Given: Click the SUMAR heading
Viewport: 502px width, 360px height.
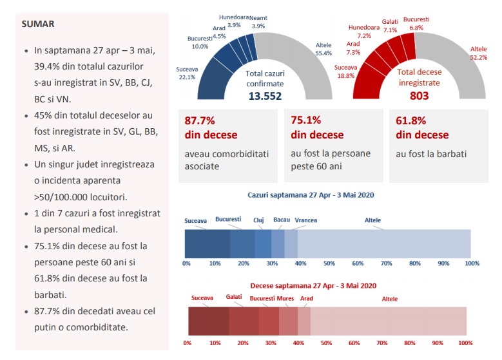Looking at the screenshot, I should [x=37, y=24].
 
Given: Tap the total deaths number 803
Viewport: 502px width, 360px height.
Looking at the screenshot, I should [x=419, y=96].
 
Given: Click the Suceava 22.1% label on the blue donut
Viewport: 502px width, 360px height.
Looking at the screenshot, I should [x=186, y=73].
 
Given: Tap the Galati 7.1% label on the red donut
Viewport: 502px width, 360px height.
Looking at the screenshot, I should [x=390, y=26].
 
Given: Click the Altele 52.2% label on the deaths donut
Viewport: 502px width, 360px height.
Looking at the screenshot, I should [x=478, y=53].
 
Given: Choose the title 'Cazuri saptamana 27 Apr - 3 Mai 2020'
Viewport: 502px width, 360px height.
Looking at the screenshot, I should [x=311, y=194].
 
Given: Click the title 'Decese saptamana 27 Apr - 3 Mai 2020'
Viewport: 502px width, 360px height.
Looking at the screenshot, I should [x=313, y=285].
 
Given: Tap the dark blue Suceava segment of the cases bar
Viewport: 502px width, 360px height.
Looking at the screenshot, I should [x=208, y=243].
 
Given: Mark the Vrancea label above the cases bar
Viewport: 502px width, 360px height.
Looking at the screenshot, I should [x=305, y=220].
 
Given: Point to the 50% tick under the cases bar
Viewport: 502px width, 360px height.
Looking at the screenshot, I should [x=329, y=263].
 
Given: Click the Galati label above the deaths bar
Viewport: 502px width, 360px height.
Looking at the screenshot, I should [x=234, y=298].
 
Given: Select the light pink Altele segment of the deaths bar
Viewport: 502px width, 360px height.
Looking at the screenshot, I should [x=389, y=320].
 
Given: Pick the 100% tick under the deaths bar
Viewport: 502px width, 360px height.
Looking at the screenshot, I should [x=465, y=343].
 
